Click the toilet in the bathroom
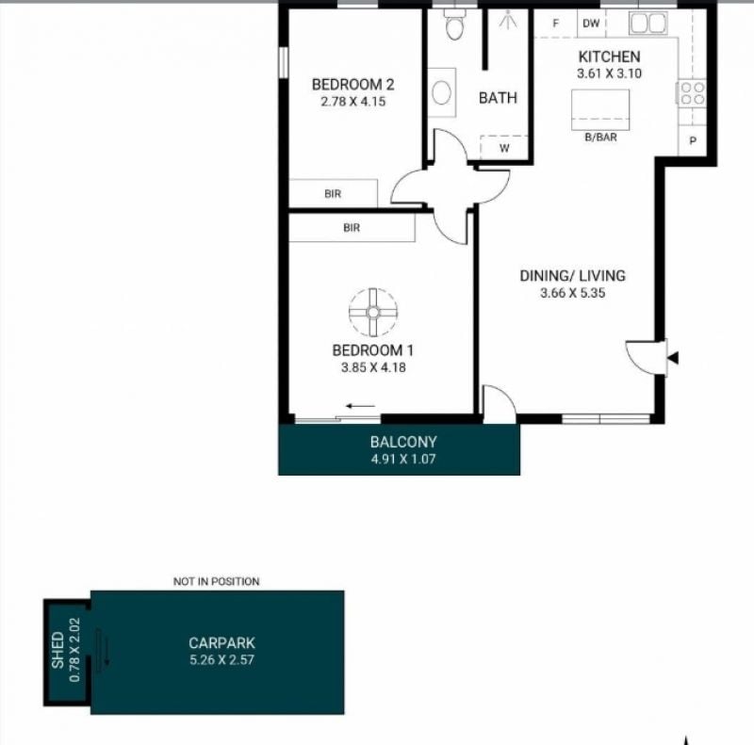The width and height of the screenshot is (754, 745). pos(454,25)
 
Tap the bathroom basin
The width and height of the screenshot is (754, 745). pos(441,92)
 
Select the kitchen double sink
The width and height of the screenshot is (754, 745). pos(648,23)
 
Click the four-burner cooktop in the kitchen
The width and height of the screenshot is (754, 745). pos(693,93)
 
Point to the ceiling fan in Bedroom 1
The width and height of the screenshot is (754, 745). pos(373,313)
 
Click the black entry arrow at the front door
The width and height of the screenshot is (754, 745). pos(673,358)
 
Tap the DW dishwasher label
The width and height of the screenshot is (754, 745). pos(591,23)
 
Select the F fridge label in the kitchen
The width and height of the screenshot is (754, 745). pos(556,23)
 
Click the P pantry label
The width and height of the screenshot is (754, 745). pos(693,141)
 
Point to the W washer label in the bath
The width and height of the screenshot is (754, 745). pos(504,149)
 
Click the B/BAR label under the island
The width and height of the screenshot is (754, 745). pos(600,137)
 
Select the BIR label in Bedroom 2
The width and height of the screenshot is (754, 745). pos(333,194)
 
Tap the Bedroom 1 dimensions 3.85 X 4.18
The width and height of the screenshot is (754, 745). pos(373,367)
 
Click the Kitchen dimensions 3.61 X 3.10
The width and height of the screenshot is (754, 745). pos(609,73)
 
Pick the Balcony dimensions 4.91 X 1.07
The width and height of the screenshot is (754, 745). pos(403,459)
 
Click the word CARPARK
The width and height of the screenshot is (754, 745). pos(221,643)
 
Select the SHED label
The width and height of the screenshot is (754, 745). pos(57,650)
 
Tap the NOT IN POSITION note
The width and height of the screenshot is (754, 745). pos(217,581)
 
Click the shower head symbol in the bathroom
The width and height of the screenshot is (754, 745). pos(507,20)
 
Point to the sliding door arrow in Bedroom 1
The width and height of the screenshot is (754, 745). pos(360,406)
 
